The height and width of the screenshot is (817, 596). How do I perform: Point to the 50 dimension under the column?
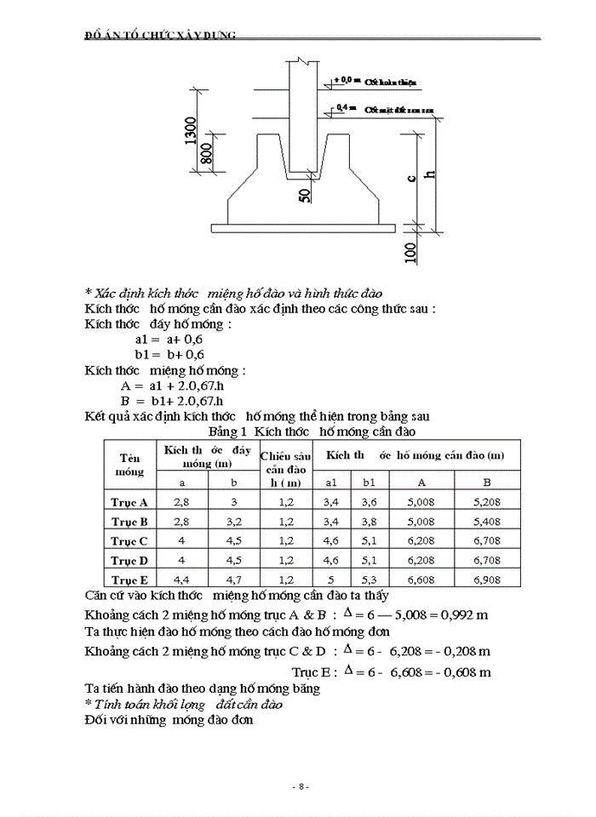305,195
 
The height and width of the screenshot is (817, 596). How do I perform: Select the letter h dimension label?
429,175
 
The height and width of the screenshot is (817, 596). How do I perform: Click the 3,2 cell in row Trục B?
234,522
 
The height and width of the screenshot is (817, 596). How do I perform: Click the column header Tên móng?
130,464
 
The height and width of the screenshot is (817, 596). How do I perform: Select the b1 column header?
369,483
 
